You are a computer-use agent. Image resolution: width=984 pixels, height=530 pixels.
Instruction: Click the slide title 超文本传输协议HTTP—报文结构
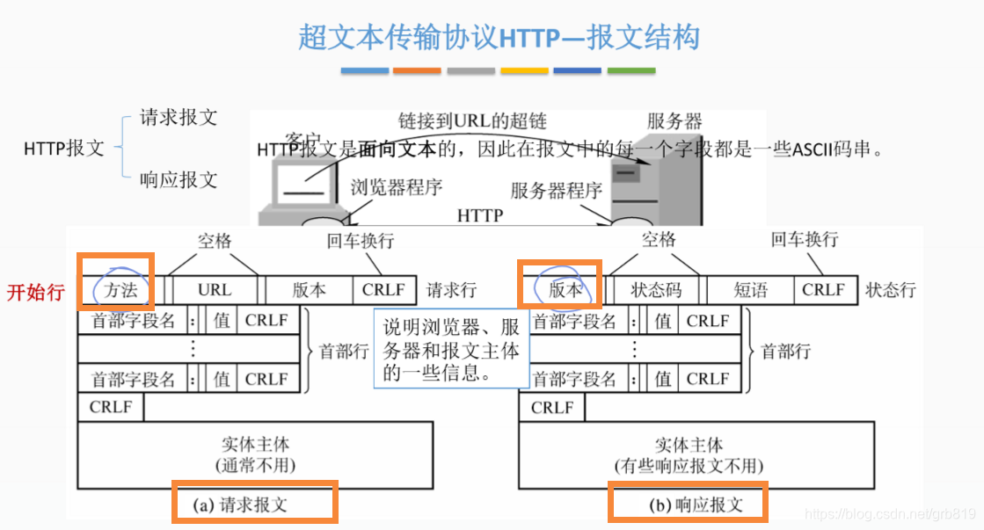(499, 37)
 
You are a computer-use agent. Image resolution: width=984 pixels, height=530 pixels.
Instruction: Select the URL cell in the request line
(215, 290)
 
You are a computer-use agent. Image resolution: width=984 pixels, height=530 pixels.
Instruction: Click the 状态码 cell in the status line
(656, 290)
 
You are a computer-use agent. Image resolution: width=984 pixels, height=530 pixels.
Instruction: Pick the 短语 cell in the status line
(750, 290)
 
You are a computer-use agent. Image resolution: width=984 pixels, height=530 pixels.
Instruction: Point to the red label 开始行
(36, 292)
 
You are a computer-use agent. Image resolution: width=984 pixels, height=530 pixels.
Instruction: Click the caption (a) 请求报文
(252, 504)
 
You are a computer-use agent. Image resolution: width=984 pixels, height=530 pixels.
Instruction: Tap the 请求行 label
(451, 290)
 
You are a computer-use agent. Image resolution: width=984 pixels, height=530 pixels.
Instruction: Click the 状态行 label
(890, 290)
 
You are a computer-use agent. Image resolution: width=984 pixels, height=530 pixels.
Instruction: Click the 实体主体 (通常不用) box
(255, 454)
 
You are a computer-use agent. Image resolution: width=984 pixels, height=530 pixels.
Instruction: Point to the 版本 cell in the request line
(309, 290)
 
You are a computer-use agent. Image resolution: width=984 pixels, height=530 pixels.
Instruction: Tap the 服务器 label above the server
(674, 121)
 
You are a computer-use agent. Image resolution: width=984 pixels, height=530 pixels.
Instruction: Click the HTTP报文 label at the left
(63, 149)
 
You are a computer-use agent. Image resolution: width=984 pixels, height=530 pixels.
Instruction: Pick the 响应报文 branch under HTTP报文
(179, 180)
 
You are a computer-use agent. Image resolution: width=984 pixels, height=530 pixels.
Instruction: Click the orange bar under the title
(417, 70)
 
